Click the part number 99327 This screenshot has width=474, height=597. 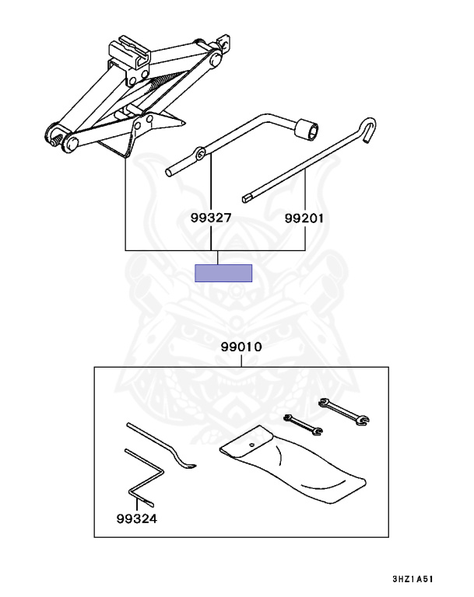211,218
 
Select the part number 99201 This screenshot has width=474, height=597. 304,218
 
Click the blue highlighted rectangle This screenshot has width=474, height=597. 223,273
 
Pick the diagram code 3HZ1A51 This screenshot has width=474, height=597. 420,580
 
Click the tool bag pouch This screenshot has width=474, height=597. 292,466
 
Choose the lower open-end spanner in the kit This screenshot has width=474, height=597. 303,424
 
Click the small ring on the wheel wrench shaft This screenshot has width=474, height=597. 201,154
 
